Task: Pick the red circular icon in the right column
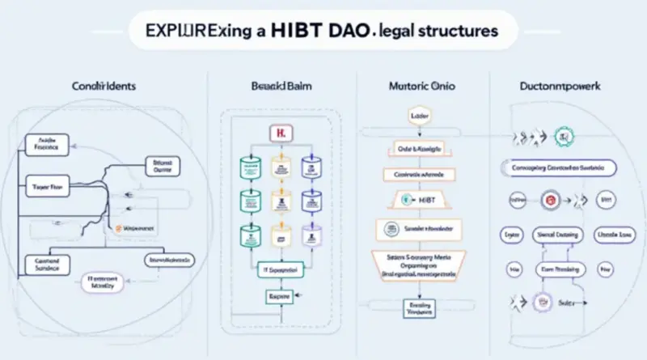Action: (x=550, y=199)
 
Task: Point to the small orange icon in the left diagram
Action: (x=119, y=229)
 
